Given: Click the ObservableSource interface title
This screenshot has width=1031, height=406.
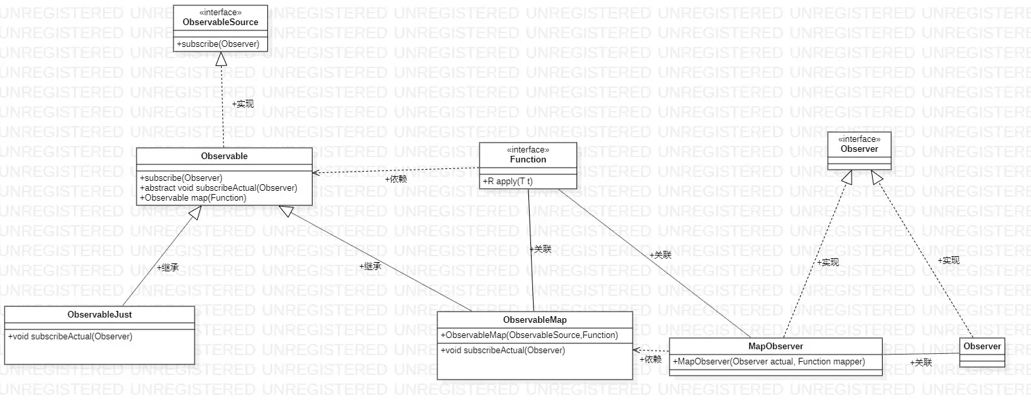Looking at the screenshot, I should [220, 22].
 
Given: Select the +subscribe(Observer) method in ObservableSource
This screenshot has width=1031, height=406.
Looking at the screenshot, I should [218, 44].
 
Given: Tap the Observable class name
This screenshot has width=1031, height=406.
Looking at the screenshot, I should [224, 156].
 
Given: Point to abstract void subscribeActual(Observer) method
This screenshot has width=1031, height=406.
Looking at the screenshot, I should [218, 187].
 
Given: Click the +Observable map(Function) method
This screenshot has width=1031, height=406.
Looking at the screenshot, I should [193, 197].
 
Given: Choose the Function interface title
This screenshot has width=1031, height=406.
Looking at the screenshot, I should [528, 159].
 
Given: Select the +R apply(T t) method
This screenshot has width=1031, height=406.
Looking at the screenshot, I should [507, 180].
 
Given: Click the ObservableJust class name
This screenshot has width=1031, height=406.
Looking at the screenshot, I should [100, 314].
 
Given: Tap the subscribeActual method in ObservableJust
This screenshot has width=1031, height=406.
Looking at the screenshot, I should [70, 336].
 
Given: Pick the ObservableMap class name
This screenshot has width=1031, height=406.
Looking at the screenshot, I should [535, 320].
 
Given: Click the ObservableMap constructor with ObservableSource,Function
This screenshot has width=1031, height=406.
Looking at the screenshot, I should [529, 335].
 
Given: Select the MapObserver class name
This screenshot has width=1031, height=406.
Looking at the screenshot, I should [776, 346].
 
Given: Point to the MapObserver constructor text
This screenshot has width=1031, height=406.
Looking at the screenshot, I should [768, 361].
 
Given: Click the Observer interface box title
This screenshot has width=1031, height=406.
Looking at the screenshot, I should [859, 149].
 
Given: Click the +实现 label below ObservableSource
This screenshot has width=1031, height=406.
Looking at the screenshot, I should [243, 104].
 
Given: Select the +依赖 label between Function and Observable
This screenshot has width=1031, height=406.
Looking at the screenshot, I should [396, 179].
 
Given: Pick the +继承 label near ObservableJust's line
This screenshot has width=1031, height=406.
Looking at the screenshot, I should [168, 267].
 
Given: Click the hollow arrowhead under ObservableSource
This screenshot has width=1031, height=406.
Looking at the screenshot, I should [222, 59].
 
